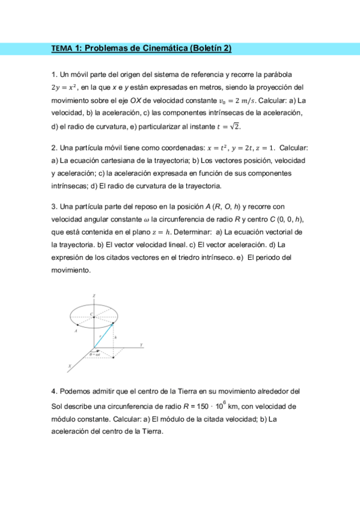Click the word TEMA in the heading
tap(61, 49)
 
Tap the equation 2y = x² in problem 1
tap(65, 88)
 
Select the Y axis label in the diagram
tap(141, 345)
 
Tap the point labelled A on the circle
tap(76, 330)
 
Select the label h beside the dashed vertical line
tap(115, 337)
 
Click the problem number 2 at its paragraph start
tap(53, 148)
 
